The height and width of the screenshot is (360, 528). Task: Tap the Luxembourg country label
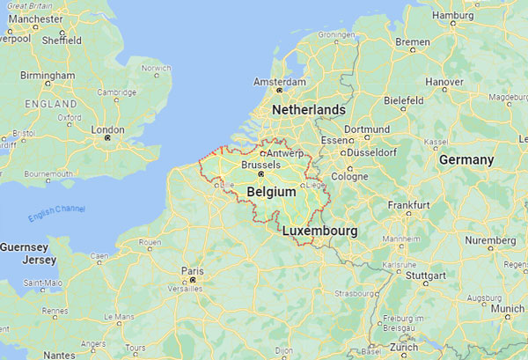pyautogui.click(x=319, y=231)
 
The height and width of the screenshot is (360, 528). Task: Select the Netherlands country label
pyautogui.click(x=309, y=109)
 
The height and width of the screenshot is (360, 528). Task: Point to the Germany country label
pyautogui.click(x=466, y=159)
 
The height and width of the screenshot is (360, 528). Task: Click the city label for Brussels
pyautogui.click(x=260, y=165)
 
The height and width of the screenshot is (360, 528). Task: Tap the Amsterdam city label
pyautogui.click(x=280, y=82)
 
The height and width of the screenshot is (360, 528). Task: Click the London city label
pyautogui.click(x=108, y=129)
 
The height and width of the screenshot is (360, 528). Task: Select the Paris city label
pyautogui.click(x=192, y=271)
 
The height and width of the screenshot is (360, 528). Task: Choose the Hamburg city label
pyautogui.click(x=454, y=15)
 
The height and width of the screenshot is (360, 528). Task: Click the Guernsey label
pyautogui.click(x=26, y=248)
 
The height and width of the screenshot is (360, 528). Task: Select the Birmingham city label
pyautogui.click(x=48, y=76)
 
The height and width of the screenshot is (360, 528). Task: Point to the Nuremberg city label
pyautogui.click(x=489, y=240)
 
